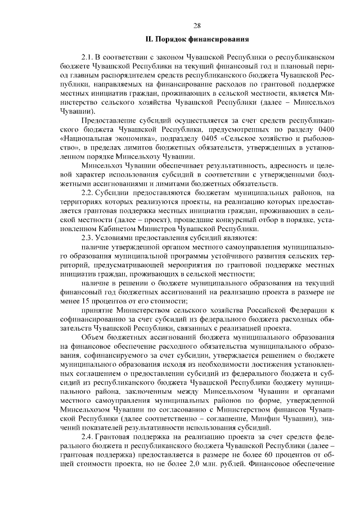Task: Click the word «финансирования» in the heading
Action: tap(216, 39)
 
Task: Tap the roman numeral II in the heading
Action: tap(149, 39)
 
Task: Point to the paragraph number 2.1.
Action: tap(87, 57)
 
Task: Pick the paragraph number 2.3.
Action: tap(87, 238)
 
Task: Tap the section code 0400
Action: tap(324, 129)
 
